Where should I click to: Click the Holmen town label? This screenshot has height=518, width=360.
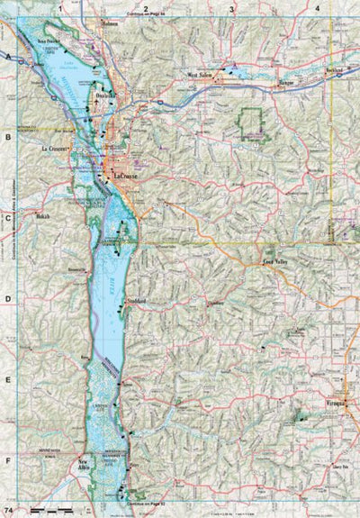(111, 23)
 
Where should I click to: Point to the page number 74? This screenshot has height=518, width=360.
(8, 511)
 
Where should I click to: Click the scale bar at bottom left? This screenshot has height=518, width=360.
(49, 510)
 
